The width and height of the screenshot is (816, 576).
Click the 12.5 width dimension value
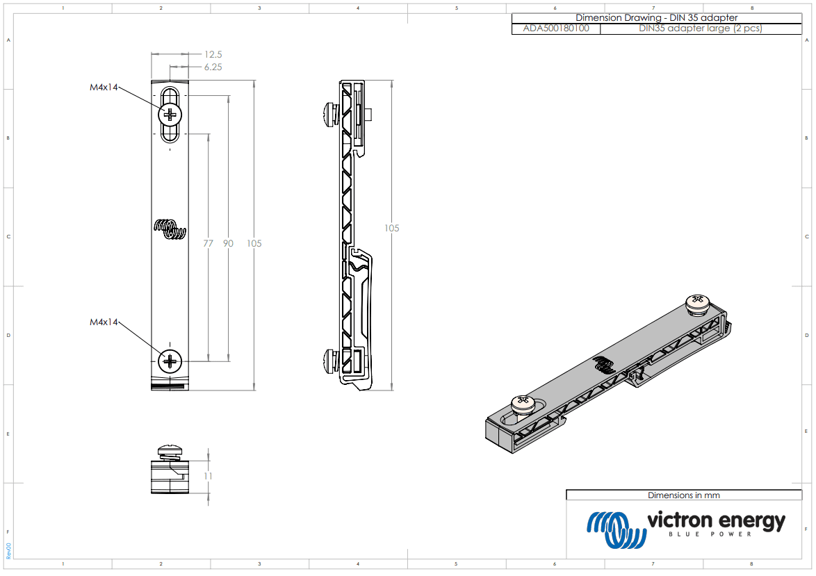coord(213,54)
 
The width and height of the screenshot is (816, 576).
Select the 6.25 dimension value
coord(213,67)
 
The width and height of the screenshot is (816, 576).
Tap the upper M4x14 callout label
coord(104,88)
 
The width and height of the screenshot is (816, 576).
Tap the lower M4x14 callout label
coord(104,322)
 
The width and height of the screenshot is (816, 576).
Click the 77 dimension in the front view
coord(208,243)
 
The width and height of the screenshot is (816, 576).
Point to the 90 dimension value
coord(228,243)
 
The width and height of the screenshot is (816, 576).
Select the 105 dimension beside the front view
coord(254,243)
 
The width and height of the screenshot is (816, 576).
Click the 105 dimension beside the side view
coord(392,228)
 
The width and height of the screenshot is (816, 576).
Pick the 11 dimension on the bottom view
coord(208,476)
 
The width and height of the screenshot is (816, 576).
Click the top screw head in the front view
coord(170,113)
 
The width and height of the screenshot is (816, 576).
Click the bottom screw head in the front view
coord(170,361)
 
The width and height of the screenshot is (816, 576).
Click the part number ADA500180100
coord(555,28)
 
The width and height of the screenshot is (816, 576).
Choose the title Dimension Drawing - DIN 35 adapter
coord(656,17)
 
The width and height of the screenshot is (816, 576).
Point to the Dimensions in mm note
coord(683,495)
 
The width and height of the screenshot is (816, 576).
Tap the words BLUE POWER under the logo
coord(710,534)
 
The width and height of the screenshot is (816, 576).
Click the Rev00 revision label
coord(8,551)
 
